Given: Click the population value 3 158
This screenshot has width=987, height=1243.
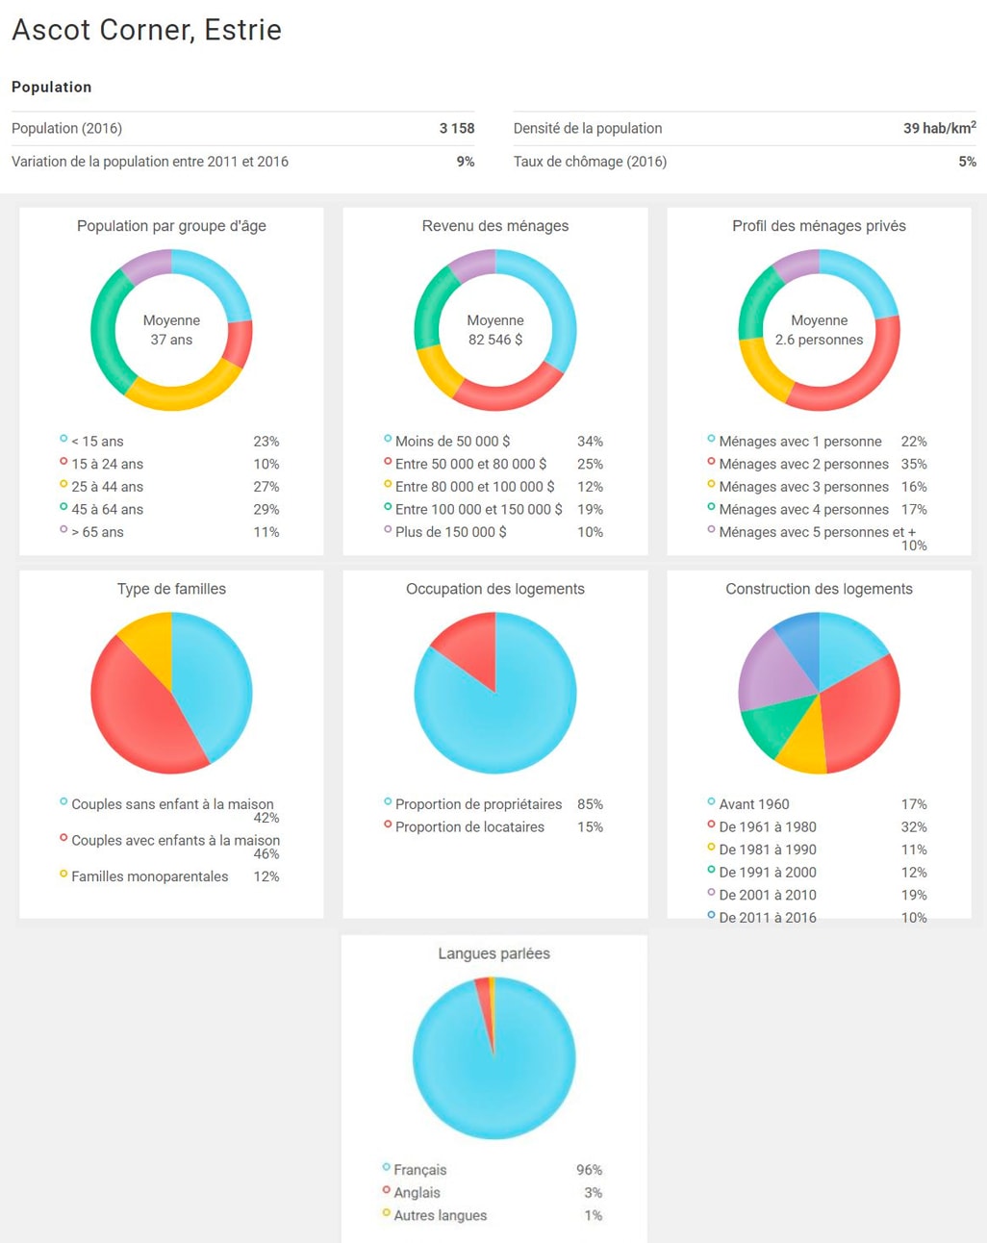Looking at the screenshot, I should tap(456, 128).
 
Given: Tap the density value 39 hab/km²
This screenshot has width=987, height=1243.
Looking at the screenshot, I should tap(938, 128).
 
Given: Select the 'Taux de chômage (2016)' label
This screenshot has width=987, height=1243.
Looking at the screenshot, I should tap(590, 162).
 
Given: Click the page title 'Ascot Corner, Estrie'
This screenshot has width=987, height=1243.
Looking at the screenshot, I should tap(146, 30).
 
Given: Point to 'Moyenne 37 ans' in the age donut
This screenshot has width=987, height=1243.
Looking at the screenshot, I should tap(171, 330).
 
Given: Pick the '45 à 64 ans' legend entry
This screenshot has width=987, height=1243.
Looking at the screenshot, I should tap(107, 509).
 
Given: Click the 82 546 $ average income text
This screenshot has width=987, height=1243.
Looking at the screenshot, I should tap(495, 340).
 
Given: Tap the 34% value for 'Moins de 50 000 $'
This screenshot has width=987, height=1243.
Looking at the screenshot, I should tap(590, 442).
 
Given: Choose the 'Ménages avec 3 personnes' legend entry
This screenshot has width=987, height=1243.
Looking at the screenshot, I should tap(803, 487).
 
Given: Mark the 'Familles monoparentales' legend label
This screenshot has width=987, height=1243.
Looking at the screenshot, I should tap(149, 876).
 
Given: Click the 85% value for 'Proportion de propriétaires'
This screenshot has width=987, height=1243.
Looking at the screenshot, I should tap(590, 804).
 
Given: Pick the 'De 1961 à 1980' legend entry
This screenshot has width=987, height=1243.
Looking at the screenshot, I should tap(768, 826).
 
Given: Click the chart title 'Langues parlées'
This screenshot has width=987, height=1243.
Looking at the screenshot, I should tap(493, 953).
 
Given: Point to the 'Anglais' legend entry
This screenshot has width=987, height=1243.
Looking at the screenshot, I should tap(417, 1193).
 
